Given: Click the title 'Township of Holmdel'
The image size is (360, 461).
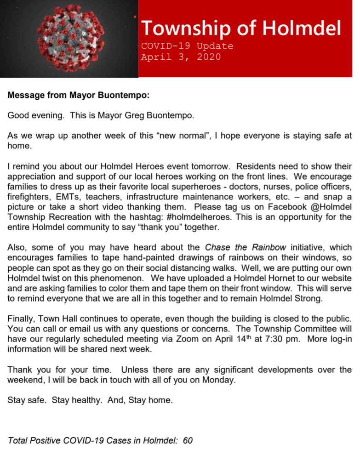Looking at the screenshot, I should (241, 28).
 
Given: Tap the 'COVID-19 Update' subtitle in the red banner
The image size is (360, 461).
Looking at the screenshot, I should (187, 46).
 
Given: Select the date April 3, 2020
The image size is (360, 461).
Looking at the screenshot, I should (181, 57).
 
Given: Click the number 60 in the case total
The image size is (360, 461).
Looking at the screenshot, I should (188, 441).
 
